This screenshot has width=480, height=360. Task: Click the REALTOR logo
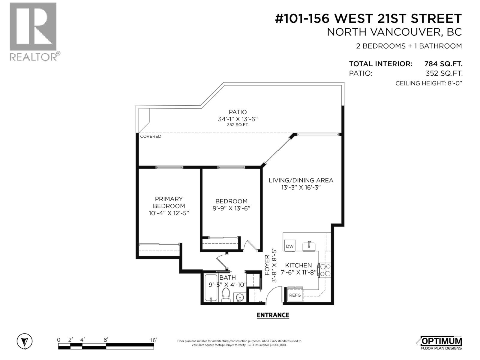[x=33, y=31]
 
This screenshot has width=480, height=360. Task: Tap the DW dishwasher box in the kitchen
[x=289, y=246]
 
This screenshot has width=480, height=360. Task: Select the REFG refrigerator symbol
[x=295, y=295]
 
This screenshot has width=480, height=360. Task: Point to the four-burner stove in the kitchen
[x=325, y=270]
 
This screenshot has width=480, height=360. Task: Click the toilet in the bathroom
[x=226, y=295]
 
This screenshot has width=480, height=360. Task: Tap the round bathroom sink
[x=240, y=297]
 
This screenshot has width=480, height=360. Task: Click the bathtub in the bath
[x=211, y=288]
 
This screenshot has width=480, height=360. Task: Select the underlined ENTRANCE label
[x=273, y=315]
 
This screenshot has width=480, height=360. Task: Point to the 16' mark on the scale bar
[x=153, y=340]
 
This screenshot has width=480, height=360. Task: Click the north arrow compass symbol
[x=25, y=341]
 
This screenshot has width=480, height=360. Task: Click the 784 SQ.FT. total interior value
[x=443, y=64]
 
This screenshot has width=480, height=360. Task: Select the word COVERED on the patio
[x=151, y=136]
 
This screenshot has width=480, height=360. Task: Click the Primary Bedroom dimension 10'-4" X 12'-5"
[x=169, y=213]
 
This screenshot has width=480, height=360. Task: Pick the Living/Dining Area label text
[x=301, y=180]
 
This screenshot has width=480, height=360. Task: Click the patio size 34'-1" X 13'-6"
[x=238, y=119]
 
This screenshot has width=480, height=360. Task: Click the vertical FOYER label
[x=267, y=265]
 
